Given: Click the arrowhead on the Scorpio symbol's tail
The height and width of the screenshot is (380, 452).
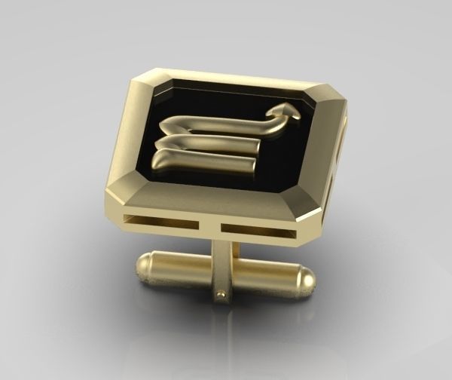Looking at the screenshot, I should click(x=292, y=110).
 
